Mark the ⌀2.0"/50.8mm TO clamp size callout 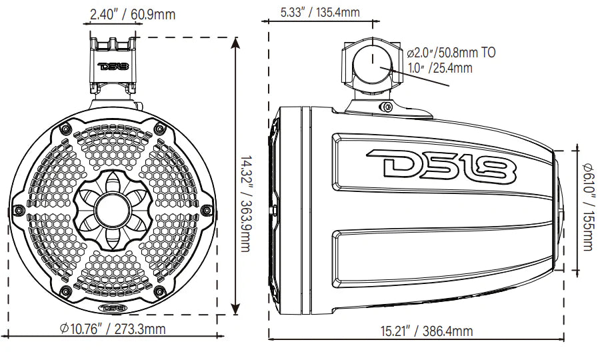(x=451, y=52)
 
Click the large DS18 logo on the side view (x=441, y=165)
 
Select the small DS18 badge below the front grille (x=111, y=309)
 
